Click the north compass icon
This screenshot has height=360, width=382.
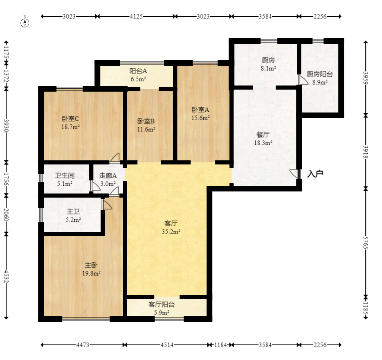click(x=25, y=22)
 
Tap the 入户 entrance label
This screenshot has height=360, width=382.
click(x=315, y=174)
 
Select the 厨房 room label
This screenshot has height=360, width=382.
click(x=268, y=60)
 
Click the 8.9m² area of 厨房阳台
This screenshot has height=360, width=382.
click(x=320, y=82)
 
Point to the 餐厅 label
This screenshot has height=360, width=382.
click(x=263, y=135)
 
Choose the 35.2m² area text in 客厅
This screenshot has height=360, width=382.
click(x=171, y=232)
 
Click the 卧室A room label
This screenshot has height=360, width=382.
click(x=200, y=110)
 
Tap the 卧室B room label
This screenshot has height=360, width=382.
click(x=146, y=121)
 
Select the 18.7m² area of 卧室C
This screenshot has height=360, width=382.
click(x=71, y=127)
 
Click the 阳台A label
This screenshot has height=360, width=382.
click(x=138, y=71)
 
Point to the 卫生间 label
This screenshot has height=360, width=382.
click(x=65, y=175)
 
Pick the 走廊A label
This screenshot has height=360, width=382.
click(x=108, y=175)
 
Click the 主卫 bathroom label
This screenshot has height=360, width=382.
click(x=73, y=211)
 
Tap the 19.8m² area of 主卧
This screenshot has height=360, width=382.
click(x=91, y=273)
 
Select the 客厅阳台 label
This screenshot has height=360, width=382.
click(x=162, y=304)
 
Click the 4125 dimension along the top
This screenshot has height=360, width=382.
click(x=136, y=16)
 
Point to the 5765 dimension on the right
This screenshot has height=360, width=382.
click(x=366, y=243)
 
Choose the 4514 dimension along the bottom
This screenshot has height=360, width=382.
click(x=167, y=345)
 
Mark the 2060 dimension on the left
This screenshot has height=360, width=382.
click(x=6, y=215)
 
